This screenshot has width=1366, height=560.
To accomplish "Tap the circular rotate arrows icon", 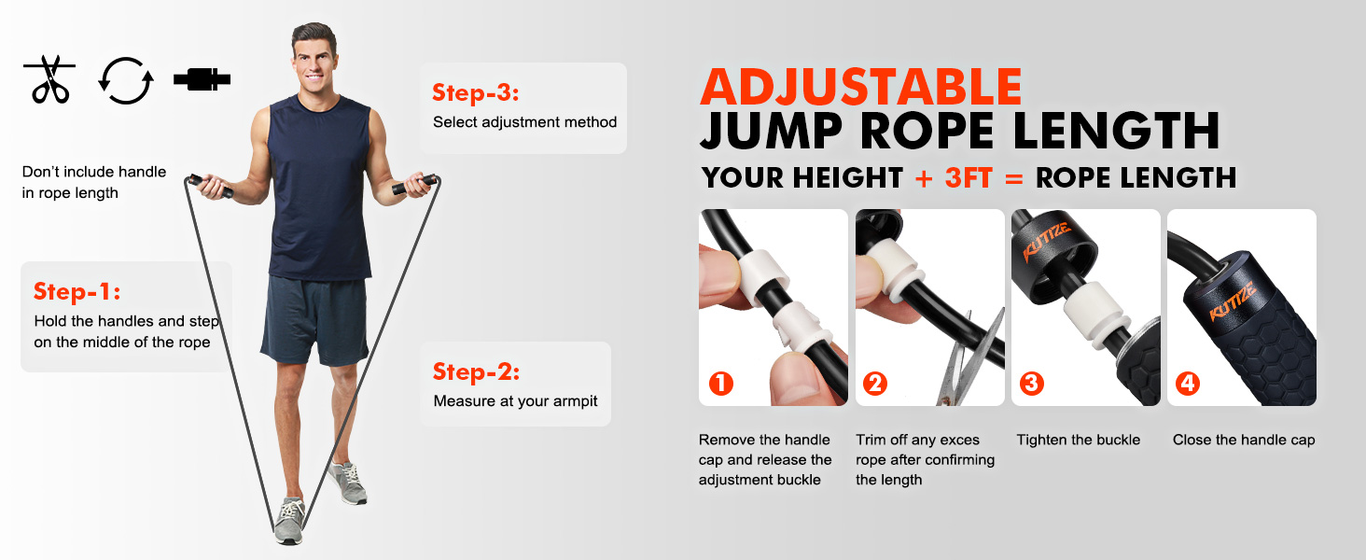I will pos(125,80).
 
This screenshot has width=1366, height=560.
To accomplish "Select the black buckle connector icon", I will pos(202,79).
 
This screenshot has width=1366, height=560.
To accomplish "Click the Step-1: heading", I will pos(77,291).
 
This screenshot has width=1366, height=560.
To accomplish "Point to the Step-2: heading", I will pos(476,371).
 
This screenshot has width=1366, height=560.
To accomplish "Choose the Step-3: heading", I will pos(475,92).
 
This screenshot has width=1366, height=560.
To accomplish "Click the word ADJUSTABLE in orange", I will pos(861,87).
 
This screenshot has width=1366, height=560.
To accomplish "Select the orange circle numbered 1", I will pos(721,383).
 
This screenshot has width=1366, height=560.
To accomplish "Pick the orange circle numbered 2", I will pos(875,383).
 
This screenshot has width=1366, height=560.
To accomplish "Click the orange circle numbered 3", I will pos(1032,383).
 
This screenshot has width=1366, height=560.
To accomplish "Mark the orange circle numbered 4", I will pos(1188,383).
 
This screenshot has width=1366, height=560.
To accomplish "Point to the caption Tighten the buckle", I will pos(1078,440).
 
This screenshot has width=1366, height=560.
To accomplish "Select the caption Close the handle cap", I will pos(1243,440).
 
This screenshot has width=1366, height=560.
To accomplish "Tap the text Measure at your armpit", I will pos(515,401).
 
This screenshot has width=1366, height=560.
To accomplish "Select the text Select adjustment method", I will pos(524,122).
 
